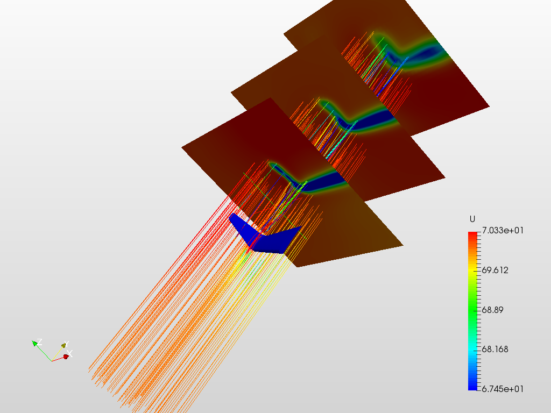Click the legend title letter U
[472, 219]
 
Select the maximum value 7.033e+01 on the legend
[503, 230]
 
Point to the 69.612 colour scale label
[495, 270]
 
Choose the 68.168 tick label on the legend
[495, 349]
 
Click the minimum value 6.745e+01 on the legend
[503, 388]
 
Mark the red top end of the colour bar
[473, 234]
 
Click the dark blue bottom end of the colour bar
[473, 386]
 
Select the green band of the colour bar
[473, 310]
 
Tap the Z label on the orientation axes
[40, 342]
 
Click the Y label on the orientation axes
[65, 345]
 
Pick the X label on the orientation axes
[70, 353]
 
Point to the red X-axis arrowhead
[66, 356]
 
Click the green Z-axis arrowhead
[35, 343]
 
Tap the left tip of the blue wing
[232, 217]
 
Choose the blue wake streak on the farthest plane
[425, 53]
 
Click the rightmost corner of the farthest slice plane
[489, 106]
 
